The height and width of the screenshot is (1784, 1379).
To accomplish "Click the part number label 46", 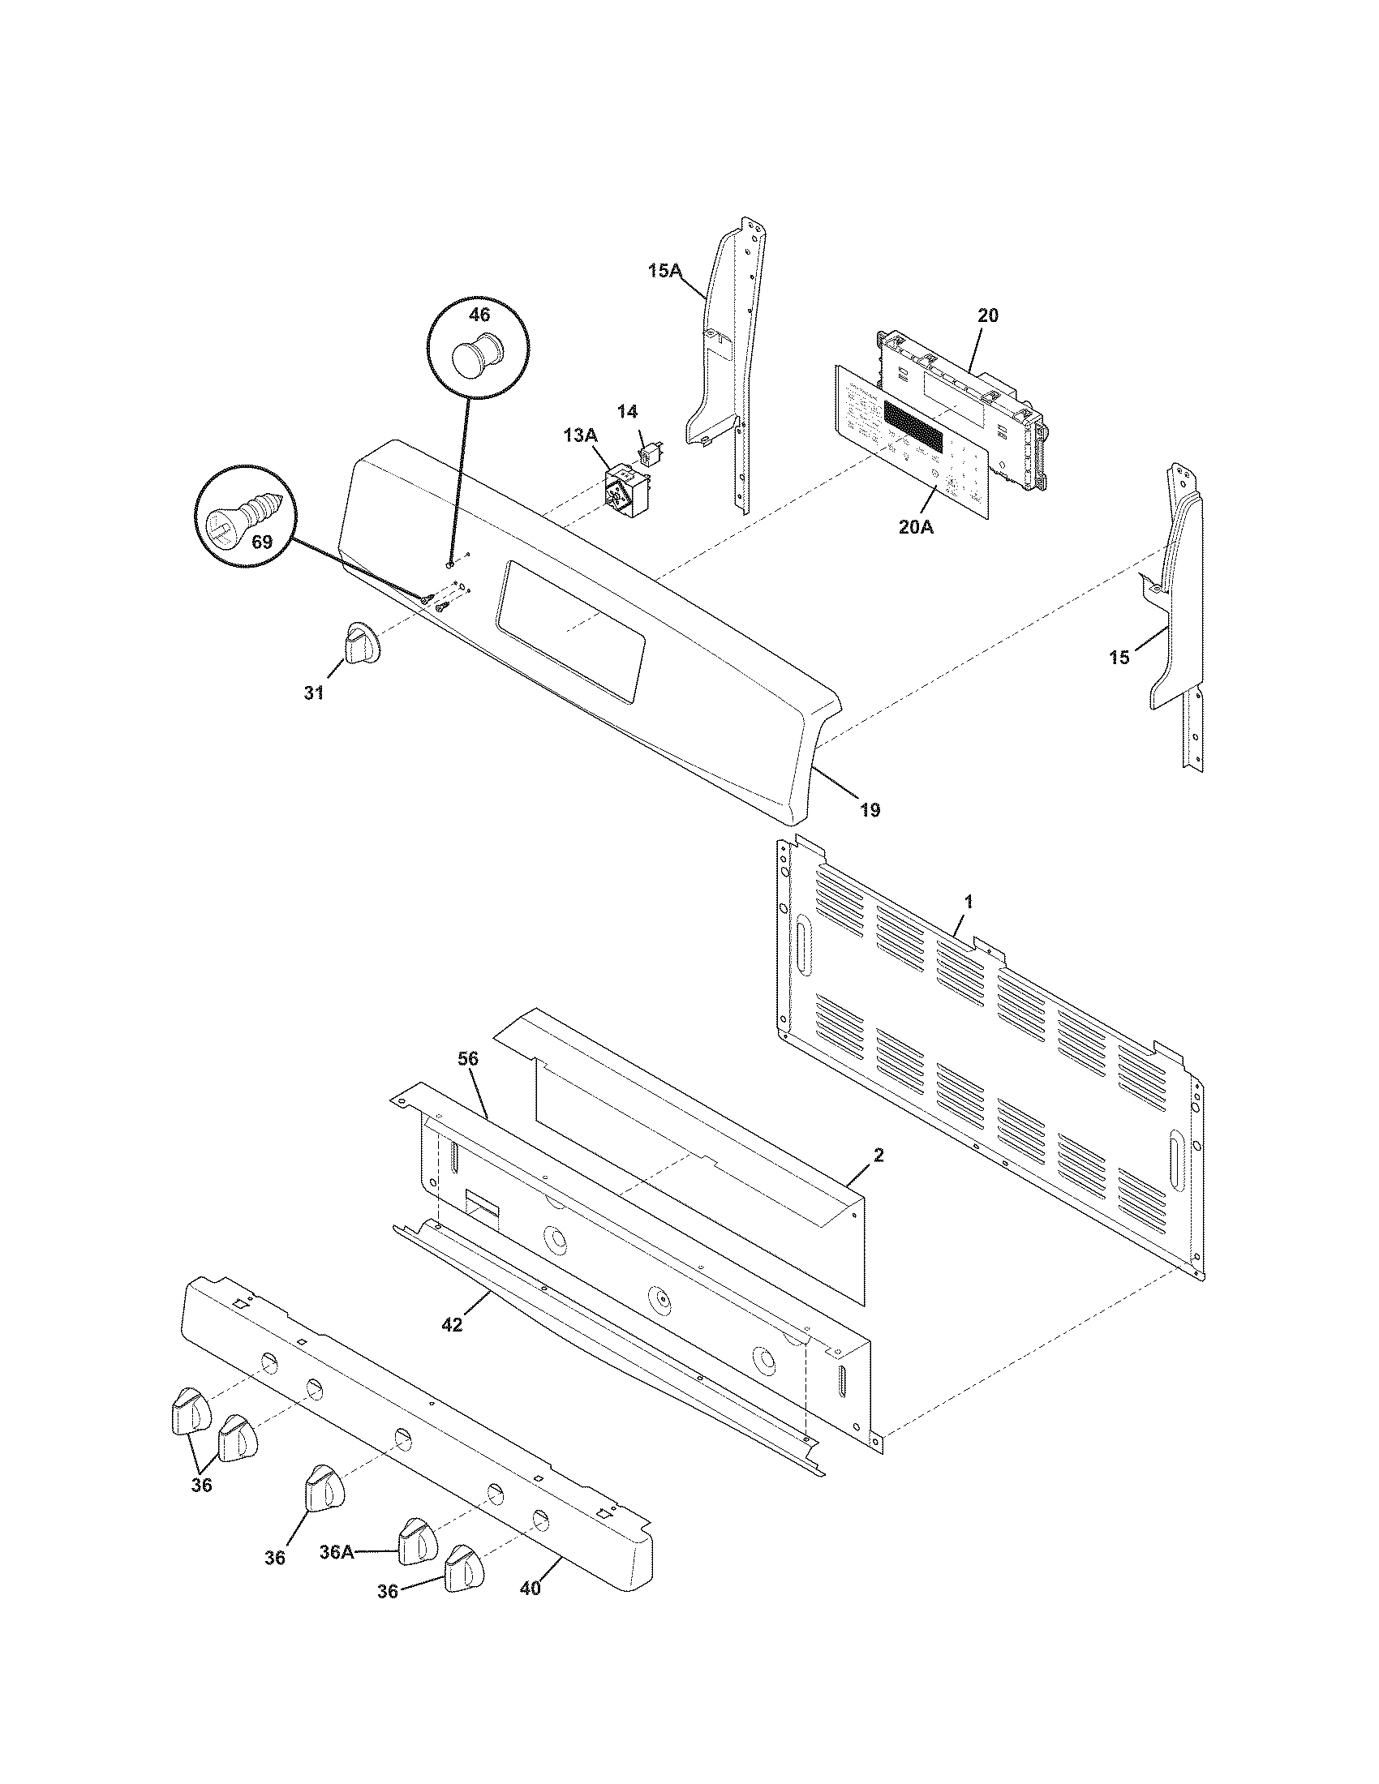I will click(479, 314).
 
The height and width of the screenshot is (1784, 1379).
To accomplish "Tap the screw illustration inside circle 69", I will click(243, 513).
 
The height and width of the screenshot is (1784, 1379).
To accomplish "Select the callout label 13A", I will click(580, 435).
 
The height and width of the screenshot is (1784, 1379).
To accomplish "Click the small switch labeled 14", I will click(651, 450).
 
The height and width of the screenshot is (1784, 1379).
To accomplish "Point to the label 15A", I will click(665, 271).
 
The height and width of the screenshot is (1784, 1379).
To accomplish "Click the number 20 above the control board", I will click(988, 315).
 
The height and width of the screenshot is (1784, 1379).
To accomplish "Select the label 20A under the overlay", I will click(916, 527).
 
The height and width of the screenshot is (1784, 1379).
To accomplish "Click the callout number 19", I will click(870, 810).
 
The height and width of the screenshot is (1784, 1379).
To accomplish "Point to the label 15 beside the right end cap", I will click(1119, 657).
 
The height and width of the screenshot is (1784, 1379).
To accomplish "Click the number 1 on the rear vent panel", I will click(969, 902).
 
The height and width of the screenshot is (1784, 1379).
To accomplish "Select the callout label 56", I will click(468, 1058).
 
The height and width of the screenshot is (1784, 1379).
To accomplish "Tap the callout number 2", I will click(879, 1155).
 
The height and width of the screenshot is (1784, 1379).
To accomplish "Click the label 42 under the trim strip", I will click(452, 1325).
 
